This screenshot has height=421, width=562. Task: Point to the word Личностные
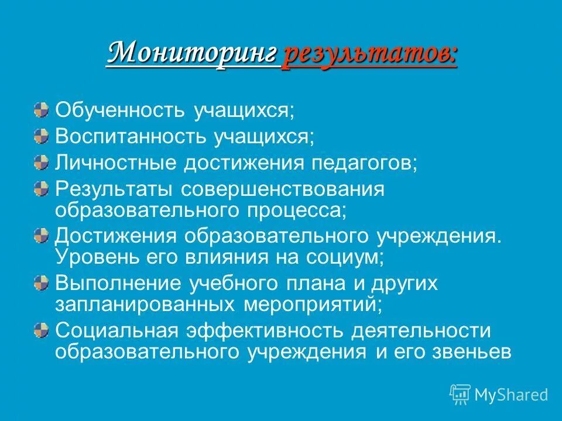point(115,163)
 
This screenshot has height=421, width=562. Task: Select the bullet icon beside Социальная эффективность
point(41,330)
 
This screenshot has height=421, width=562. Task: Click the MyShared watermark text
point(510,394)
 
